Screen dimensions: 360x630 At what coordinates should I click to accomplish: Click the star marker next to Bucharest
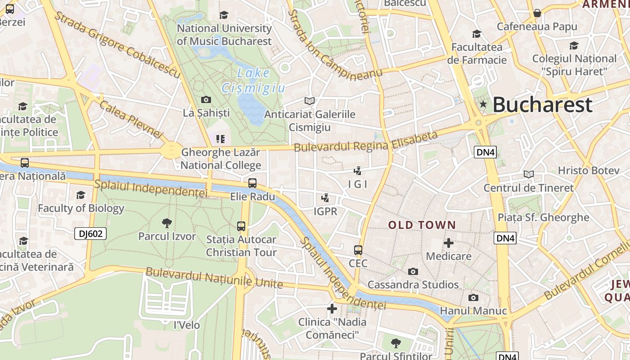[483, 104]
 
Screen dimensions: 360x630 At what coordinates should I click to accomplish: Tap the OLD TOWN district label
[422, 225]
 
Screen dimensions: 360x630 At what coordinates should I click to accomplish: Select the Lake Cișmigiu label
[253, 81]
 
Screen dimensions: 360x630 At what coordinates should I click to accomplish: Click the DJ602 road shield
[90, 233]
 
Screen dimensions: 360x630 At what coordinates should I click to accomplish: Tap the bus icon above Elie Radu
[252, 183]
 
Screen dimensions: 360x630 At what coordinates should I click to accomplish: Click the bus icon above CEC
[358, 250]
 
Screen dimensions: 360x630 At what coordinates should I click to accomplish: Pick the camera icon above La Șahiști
[206, 100]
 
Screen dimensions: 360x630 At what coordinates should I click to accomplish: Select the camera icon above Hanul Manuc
[473, 298]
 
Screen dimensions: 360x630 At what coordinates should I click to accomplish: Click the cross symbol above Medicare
[449, 243]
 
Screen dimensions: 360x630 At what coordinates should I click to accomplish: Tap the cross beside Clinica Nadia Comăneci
[332, 309]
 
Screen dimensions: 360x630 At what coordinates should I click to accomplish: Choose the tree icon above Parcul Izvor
[167, 223]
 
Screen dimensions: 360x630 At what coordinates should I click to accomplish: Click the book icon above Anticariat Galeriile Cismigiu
[310, 101]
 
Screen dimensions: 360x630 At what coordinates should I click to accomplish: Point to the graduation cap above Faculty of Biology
[81, 195]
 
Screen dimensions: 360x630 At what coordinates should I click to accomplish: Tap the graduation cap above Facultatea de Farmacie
[477, 34]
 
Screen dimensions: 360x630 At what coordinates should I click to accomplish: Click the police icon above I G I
[358, 171]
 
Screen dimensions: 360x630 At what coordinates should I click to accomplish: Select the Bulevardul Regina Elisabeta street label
[365, 142]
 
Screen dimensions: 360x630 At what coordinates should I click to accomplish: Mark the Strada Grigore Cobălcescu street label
[117, 45]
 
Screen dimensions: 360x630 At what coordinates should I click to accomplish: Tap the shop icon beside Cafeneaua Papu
[537, 13]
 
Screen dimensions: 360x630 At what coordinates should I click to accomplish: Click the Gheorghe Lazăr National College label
[221, 159]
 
